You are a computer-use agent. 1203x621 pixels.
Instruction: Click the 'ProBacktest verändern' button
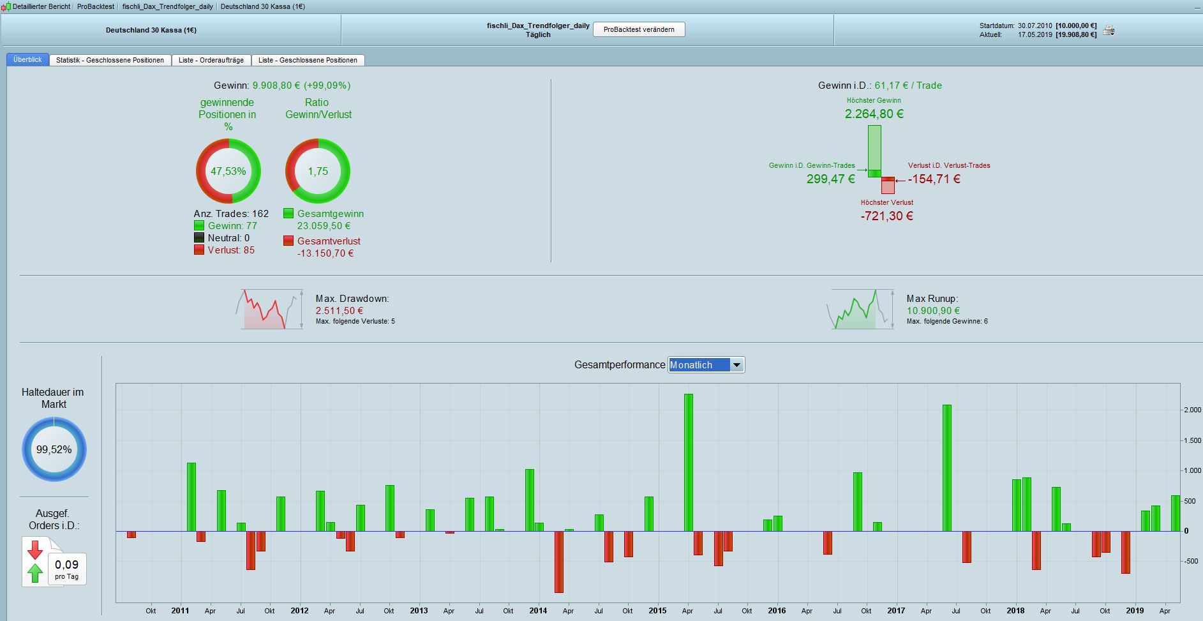click(639, 29)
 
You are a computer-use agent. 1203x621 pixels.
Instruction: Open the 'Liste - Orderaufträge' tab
click(211, 60)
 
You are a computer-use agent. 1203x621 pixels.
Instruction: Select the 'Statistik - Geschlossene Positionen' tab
click(110, 60)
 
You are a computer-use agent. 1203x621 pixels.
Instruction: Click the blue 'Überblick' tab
click(27, 59)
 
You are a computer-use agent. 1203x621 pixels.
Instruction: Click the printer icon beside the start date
click(1109, 30)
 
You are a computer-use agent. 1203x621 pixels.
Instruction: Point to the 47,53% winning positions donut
click(228, 171)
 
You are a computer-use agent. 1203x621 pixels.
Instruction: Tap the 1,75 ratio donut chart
click(318, 171)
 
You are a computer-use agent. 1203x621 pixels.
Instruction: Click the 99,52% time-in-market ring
click(54, 449)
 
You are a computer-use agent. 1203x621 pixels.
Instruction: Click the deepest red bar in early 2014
click(559, 562)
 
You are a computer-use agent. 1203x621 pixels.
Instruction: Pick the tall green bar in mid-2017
click(947, 468)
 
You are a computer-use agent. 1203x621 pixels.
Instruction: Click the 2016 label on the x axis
click(777, 611)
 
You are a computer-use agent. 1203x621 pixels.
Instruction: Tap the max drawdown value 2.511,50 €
click(340, 311)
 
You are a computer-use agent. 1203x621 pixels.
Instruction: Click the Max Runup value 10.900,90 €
click(933, 311)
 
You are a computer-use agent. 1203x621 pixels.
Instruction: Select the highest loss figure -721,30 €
click(886, 216)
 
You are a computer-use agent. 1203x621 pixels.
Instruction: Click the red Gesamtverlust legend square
click(288, 241)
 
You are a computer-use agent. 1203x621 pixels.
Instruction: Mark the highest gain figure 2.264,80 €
click(874, 114)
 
